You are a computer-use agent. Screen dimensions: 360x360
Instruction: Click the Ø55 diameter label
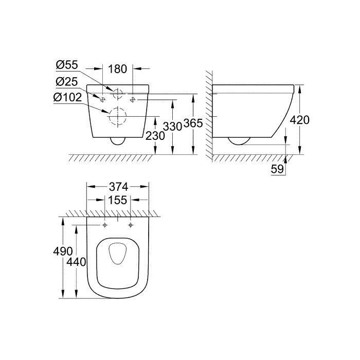coord(67,67)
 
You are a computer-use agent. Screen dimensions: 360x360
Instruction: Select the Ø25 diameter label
coord(67,82)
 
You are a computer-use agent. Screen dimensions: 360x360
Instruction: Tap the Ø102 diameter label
coord(68,98)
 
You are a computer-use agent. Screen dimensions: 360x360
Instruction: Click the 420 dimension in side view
coord(299,120)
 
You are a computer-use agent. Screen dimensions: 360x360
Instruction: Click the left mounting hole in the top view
coord(105,225)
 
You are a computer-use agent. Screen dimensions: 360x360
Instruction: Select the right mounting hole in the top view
coord(131,225)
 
